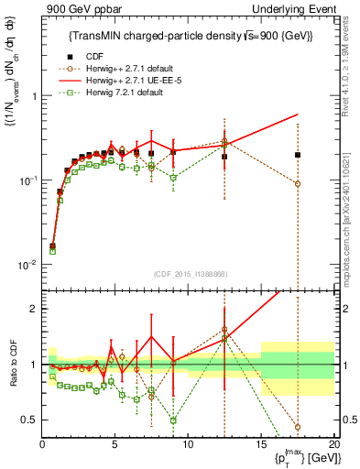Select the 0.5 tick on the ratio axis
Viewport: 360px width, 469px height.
point(31,420)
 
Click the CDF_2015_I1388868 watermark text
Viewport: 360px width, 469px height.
point(189,272)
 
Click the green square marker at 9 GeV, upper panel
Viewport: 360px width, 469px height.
point(173,178)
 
